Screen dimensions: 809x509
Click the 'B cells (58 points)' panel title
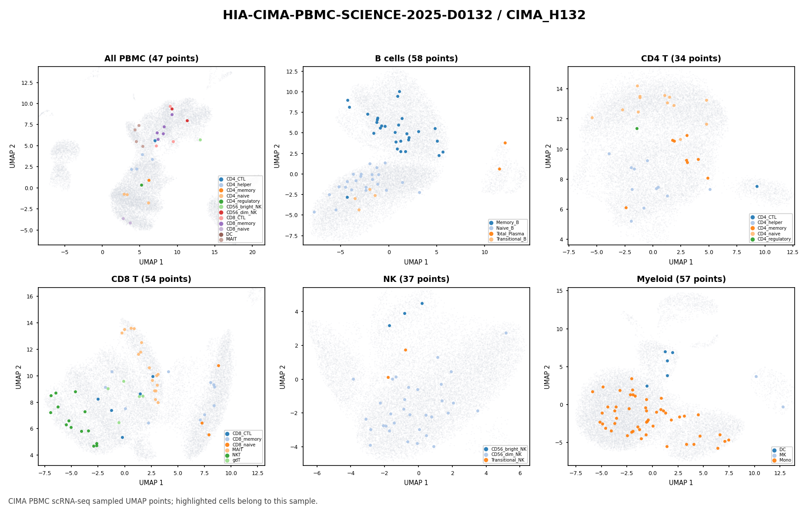point(416,59)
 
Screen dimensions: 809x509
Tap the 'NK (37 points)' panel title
point(416,279)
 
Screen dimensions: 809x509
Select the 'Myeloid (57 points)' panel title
point(681,279)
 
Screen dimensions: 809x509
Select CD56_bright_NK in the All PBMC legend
point(240,207)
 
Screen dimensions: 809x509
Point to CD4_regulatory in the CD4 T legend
point(770,239)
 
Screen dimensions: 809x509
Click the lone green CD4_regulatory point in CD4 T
point(637,128)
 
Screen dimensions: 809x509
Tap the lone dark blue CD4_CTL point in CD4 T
point(757,186)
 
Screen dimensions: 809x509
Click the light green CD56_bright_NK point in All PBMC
point(200,140)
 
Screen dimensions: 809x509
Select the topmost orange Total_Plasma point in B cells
point(505,143)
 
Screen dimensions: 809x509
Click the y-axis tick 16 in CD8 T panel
point(31,296)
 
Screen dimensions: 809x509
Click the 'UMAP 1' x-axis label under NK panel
point(416,482)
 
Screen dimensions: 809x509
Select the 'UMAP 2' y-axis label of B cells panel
point(277,156)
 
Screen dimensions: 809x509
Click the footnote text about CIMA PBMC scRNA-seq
point(163,501)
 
